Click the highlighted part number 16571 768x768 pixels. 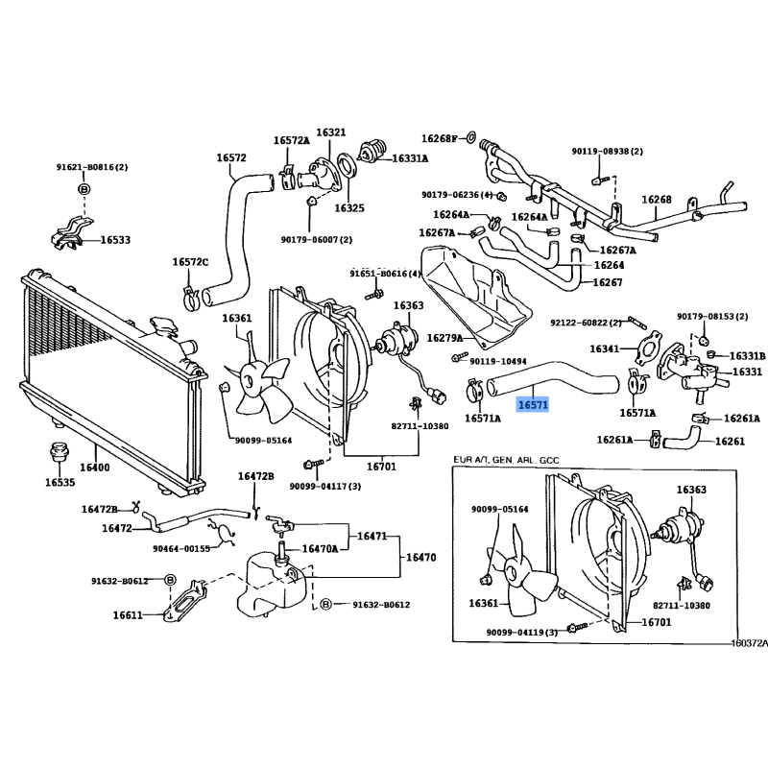point(533,405)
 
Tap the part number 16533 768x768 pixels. point(115,239)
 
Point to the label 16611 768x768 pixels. point(128,615)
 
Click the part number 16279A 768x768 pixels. point(444,338)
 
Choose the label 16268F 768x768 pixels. point(441,137)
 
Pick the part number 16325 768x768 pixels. point(349,207)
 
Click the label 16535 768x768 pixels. point(60,483)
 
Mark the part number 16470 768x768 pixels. point(420,556)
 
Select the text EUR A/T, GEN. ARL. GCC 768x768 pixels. point(508,460)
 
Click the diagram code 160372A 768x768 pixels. point(749,643)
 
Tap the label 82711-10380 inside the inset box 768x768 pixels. point(681,605)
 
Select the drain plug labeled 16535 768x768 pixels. point(55,451)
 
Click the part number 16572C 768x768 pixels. point(190,262)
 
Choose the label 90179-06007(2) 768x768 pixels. point(317,239)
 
